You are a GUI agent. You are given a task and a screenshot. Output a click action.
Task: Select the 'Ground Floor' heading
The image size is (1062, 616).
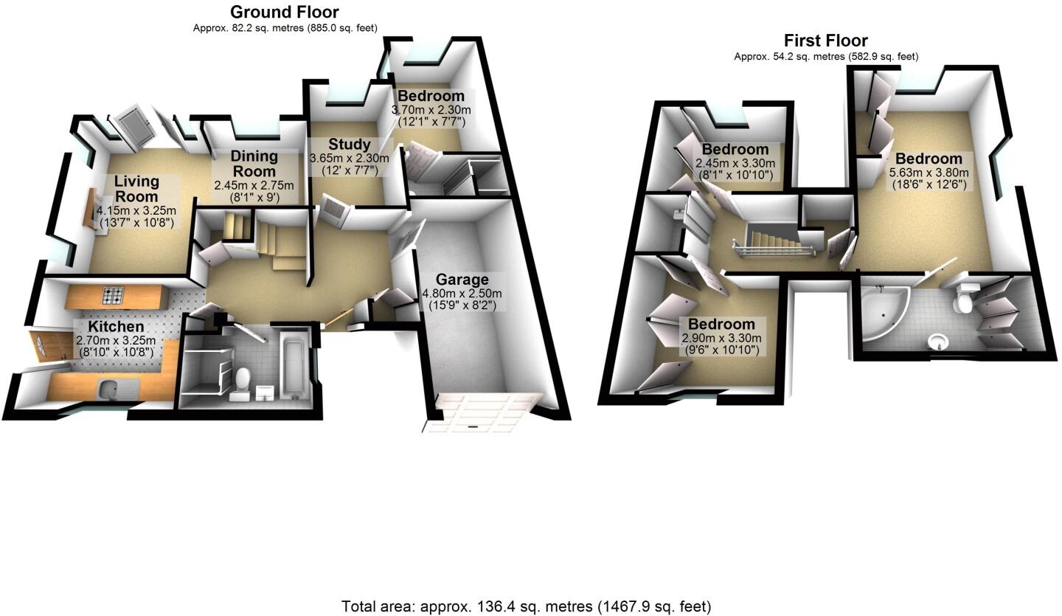(x=284, y=12)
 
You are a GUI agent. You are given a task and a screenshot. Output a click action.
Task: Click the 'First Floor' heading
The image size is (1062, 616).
(x=825, y=41)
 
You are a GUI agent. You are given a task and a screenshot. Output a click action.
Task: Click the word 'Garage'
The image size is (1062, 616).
(x=462, y=280)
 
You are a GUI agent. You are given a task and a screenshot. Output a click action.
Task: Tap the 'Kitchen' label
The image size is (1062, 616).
(x=116, y=327)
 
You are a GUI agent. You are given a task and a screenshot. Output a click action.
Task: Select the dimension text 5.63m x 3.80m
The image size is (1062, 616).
(x=929, y=173)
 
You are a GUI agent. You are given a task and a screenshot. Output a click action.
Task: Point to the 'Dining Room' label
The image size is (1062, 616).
(x=254, y=163)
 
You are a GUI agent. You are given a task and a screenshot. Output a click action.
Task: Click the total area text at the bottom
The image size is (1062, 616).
(x=526, y=606)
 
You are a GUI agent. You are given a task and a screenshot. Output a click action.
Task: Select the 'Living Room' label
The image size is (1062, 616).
(x=136, y=189)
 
